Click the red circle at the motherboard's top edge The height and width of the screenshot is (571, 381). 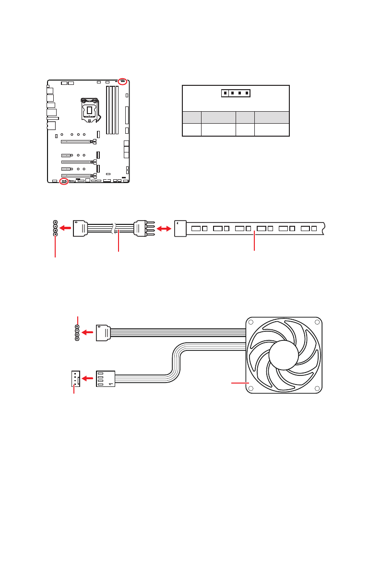123,81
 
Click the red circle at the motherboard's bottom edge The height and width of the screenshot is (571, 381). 64,182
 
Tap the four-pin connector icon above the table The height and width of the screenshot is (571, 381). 236,93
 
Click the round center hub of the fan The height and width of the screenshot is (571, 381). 284,355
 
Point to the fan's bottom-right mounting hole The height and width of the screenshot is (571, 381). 316,388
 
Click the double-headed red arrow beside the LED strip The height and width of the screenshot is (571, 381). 164,230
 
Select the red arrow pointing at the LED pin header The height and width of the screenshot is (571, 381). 64,229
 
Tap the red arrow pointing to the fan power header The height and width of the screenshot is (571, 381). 87,379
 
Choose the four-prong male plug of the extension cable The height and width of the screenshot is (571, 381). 144,229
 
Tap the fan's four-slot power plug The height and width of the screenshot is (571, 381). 106,379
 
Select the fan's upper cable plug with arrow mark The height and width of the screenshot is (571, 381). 103,333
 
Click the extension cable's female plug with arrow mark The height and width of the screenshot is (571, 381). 80,229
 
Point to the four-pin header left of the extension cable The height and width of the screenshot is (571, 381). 55,229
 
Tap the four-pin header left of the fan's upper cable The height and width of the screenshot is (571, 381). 77,333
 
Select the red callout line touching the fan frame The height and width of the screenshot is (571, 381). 239,383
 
